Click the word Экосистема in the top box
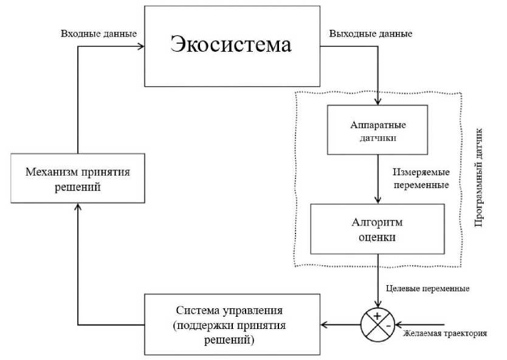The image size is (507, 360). (x=230, y=45)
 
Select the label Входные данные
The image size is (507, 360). (x=99, y=33)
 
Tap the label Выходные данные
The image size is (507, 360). (x=370, y=33)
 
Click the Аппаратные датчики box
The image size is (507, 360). (x=378, y=130)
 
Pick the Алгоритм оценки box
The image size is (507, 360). (x=378, y=229)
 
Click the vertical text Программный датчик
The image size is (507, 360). (x=478, y=178)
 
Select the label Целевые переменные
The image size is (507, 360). (x=428, y=288)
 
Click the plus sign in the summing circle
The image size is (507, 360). (x=377, y=316)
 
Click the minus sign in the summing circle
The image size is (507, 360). (x=387, y=325)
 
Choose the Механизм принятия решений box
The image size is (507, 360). (x=78, y=179)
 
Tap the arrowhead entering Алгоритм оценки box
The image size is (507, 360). (x=378, y=201)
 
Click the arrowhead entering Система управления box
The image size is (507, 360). (x=323, y=324)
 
